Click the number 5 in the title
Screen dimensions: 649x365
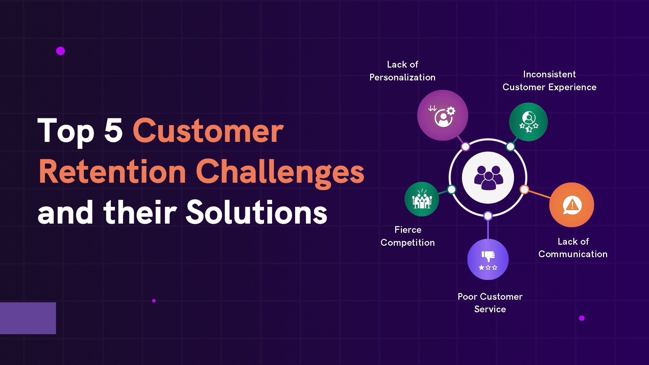point(113,130)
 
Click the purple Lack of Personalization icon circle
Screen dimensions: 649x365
point(442,115)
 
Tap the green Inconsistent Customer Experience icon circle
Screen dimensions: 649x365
point(528,122)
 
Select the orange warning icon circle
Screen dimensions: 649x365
point(572,205)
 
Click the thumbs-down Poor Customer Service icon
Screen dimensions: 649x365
point(488,259)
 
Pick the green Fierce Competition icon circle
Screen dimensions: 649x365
point(422,199)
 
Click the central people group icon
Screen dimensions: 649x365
point(488,178)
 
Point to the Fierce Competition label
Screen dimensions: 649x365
point(408,236)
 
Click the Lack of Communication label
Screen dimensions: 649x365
point(573,248)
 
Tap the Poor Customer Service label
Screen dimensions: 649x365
point(490,303)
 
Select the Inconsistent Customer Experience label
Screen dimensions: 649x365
point(550,80)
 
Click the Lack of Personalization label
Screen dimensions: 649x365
point(402,71)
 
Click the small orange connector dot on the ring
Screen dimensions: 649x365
point(524,189)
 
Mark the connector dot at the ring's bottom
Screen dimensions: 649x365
point(488,216)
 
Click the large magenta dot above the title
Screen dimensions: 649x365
point(61,51)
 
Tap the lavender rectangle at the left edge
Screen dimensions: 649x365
point(28,318)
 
